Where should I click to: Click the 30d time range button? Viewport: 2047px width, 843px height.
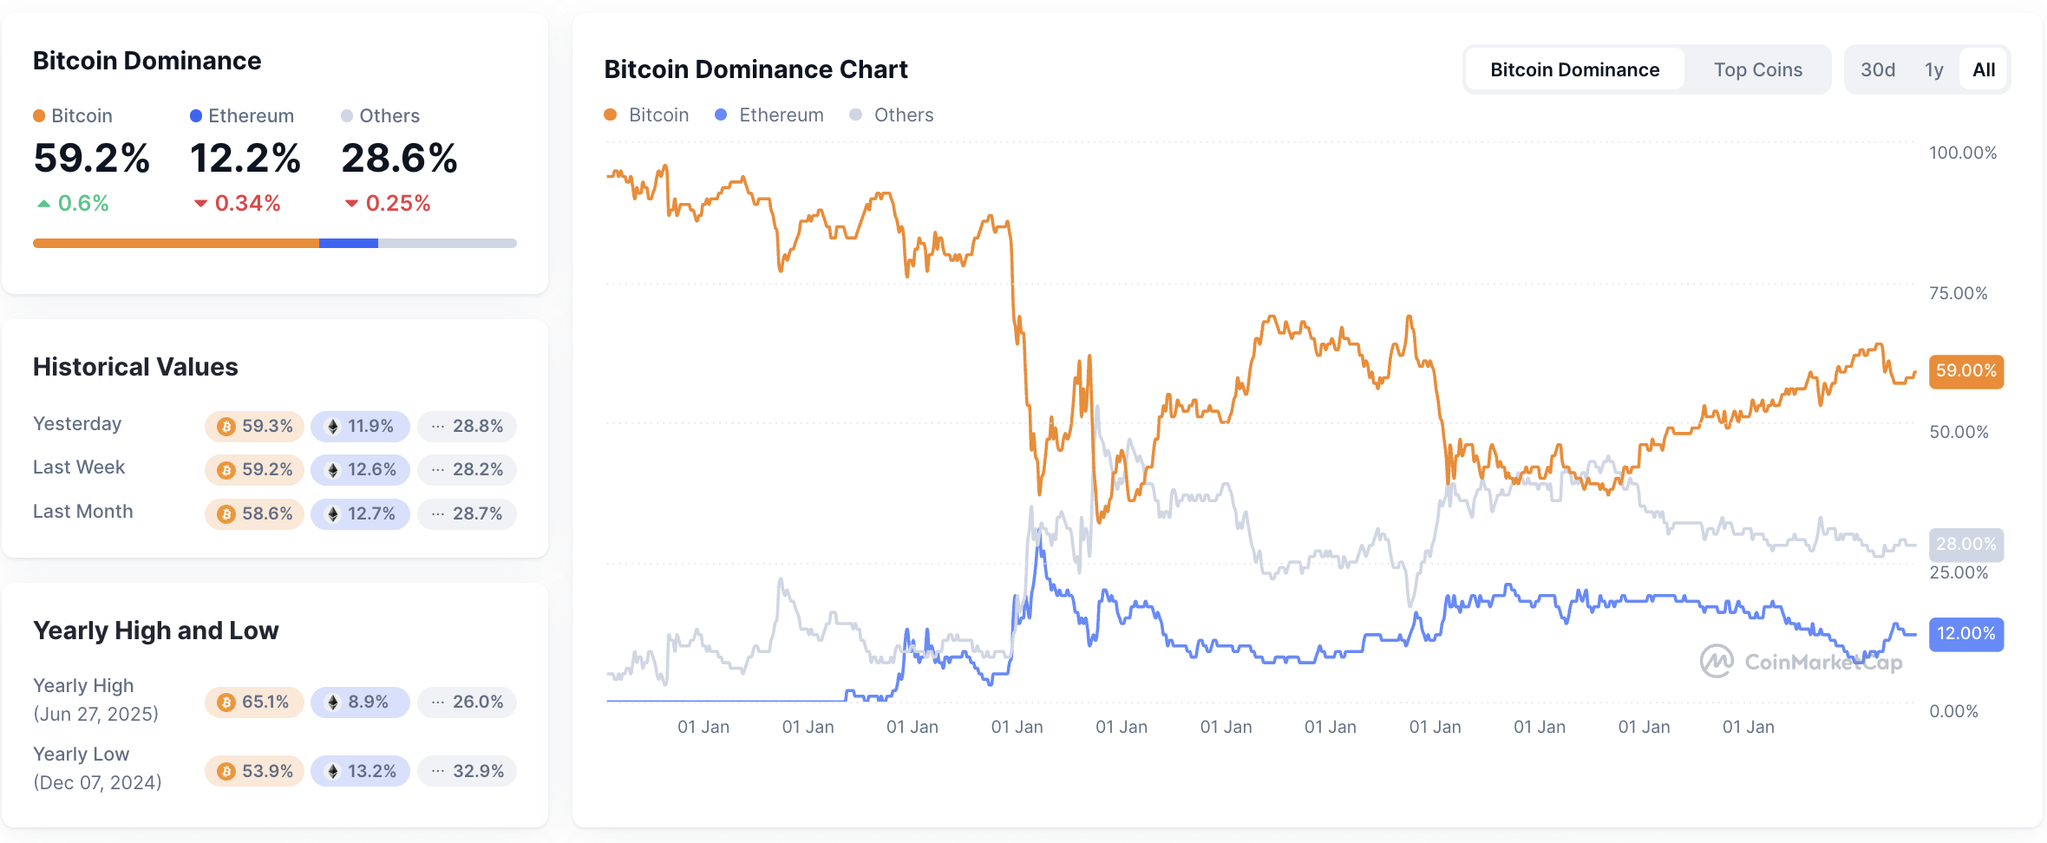[1878, 69]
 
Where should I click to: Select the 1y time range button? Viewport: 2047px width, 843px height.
[1934, 69]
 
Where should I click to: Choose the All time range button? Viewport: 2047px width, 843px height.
[1984, 69]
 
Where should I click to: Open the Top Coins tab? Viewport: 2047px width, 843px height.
[1757, 69]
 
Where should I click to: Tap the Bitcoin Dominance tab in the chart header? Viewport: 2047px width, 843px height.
[1574, 69]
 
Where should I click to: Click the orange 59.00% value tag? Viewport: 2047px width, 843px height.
[1965, 371]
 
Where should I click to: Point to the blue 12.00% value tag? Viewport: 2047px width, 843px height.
[1965, 634]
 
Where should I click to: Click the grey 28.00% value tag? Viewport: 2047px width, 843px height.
[1965, 544]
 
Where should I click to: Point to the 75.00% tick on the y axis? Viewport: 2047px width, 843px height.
[1958, 293]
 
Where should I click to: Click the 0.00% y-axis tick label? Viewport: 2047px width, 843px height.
[1953, 711]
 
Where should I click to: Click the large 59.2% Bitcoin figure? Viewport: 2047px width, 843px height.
[91, 159]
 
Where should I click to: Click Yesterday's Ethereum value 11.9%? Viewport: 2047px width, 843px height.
[360, 426]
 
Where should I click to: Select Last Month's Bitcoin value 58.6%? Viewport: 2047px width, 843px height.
[255, 513]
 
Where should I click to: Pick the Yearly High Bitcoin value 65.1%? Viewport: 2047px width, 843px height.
[254, 702]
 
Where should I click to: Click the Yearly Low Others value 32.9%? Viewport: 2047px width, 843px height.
[468, 771]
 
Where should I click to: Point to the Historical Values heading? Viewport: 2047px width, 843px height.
[135, 367]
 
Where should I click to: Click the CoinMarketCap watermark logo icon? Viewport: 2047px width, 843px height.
[1717, 662]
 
